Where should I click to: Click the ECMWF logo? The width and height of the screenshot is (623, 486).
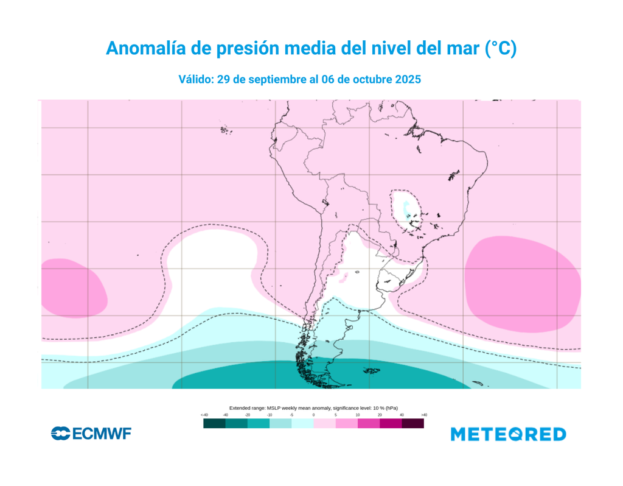[x=91, y=434]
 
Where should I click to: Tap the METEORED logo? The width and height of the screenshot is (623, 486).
[x=508, y=434]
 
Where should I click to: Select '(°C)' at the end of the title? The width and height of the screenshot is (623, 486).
[x=500, y=49]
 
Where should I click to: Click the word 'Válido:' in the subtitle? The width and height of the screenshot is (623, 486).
[x=195, y=80]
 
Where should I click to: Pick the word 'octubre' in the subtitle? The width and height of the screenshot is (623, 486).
[x=370, y=80]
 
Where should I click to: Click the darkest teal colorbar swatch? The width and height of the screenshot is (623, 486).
[x=214, y=423]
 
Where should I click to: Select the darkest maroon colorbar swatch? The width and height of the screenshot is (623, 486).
[x=412, y=423]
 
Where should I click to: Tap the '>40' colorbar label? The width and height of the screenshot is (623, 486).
[x=423, y=415]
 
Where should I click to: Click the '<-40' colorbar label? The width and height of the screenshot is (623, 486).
[x=204, y=415]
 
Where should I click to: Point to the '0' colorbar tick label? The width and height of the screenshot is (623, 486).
[x=314, y=415]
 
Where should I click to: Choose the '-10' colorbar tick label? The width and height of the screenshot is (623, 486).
[x=270, y=415]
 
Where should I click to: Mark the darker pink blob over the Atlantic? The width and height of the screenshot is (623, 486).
[x=522, y=281]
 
